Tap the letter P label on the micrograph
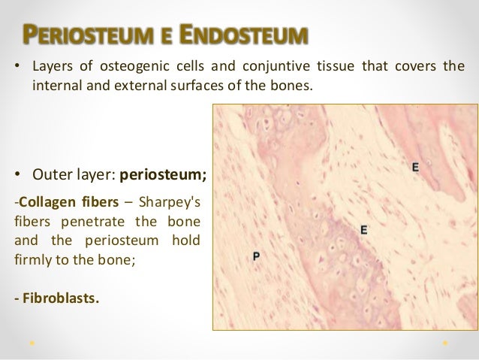[x=256, y=256]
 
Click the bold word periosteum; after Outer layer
[x=163, y=174]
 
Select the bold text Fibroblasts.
[x=56, y=300]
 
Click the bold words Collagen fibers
[x=62, y=199]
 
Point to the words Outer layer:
[x=74, y=174]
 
